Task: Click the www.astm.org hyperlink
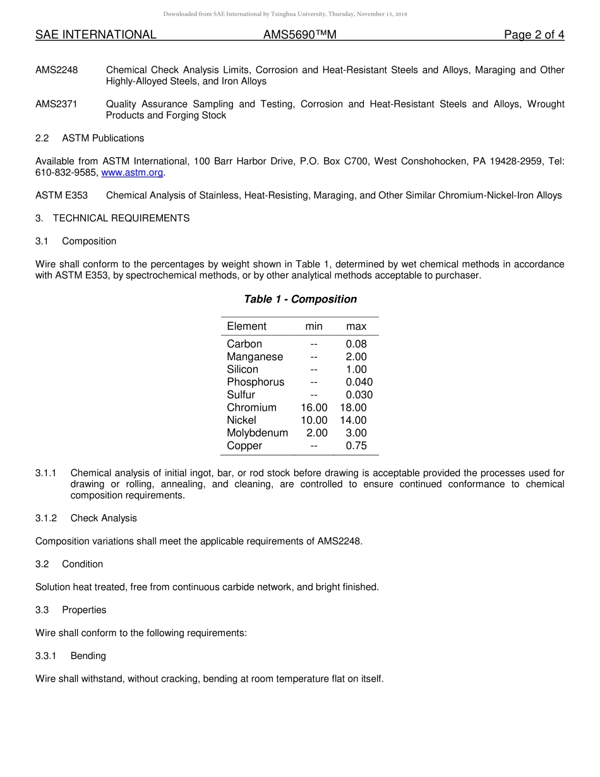click(132, 172)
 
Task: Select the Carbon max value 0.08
click(356, 344)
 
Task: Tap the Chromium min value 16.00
click(314, 407)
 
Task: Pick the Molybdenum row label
click(257, 433)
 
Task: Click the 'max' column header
click(356, 326)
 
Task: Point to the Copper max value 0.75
click(356, 445)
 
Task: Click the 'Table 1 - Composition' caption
click(300, 299)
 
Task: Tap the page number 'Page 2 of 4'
click(534, 35)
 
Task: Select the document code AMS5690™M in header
click(299, 35)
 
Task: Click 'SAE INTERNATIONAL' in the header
click(95, 35)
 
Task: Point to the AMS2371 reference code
click(56, 104)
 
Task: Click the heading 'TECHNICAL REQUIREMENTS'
click(121, 219)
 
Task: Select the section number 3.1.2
click(46, 518)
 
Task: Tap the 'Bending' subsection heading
click(88, 656)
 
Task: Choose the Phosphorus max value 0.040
click(359, 382)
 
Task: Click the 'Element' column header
click(246, 326)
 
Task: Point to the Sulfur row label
click(241, 395)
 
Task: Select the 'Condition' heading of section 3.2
click(82, 564)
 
